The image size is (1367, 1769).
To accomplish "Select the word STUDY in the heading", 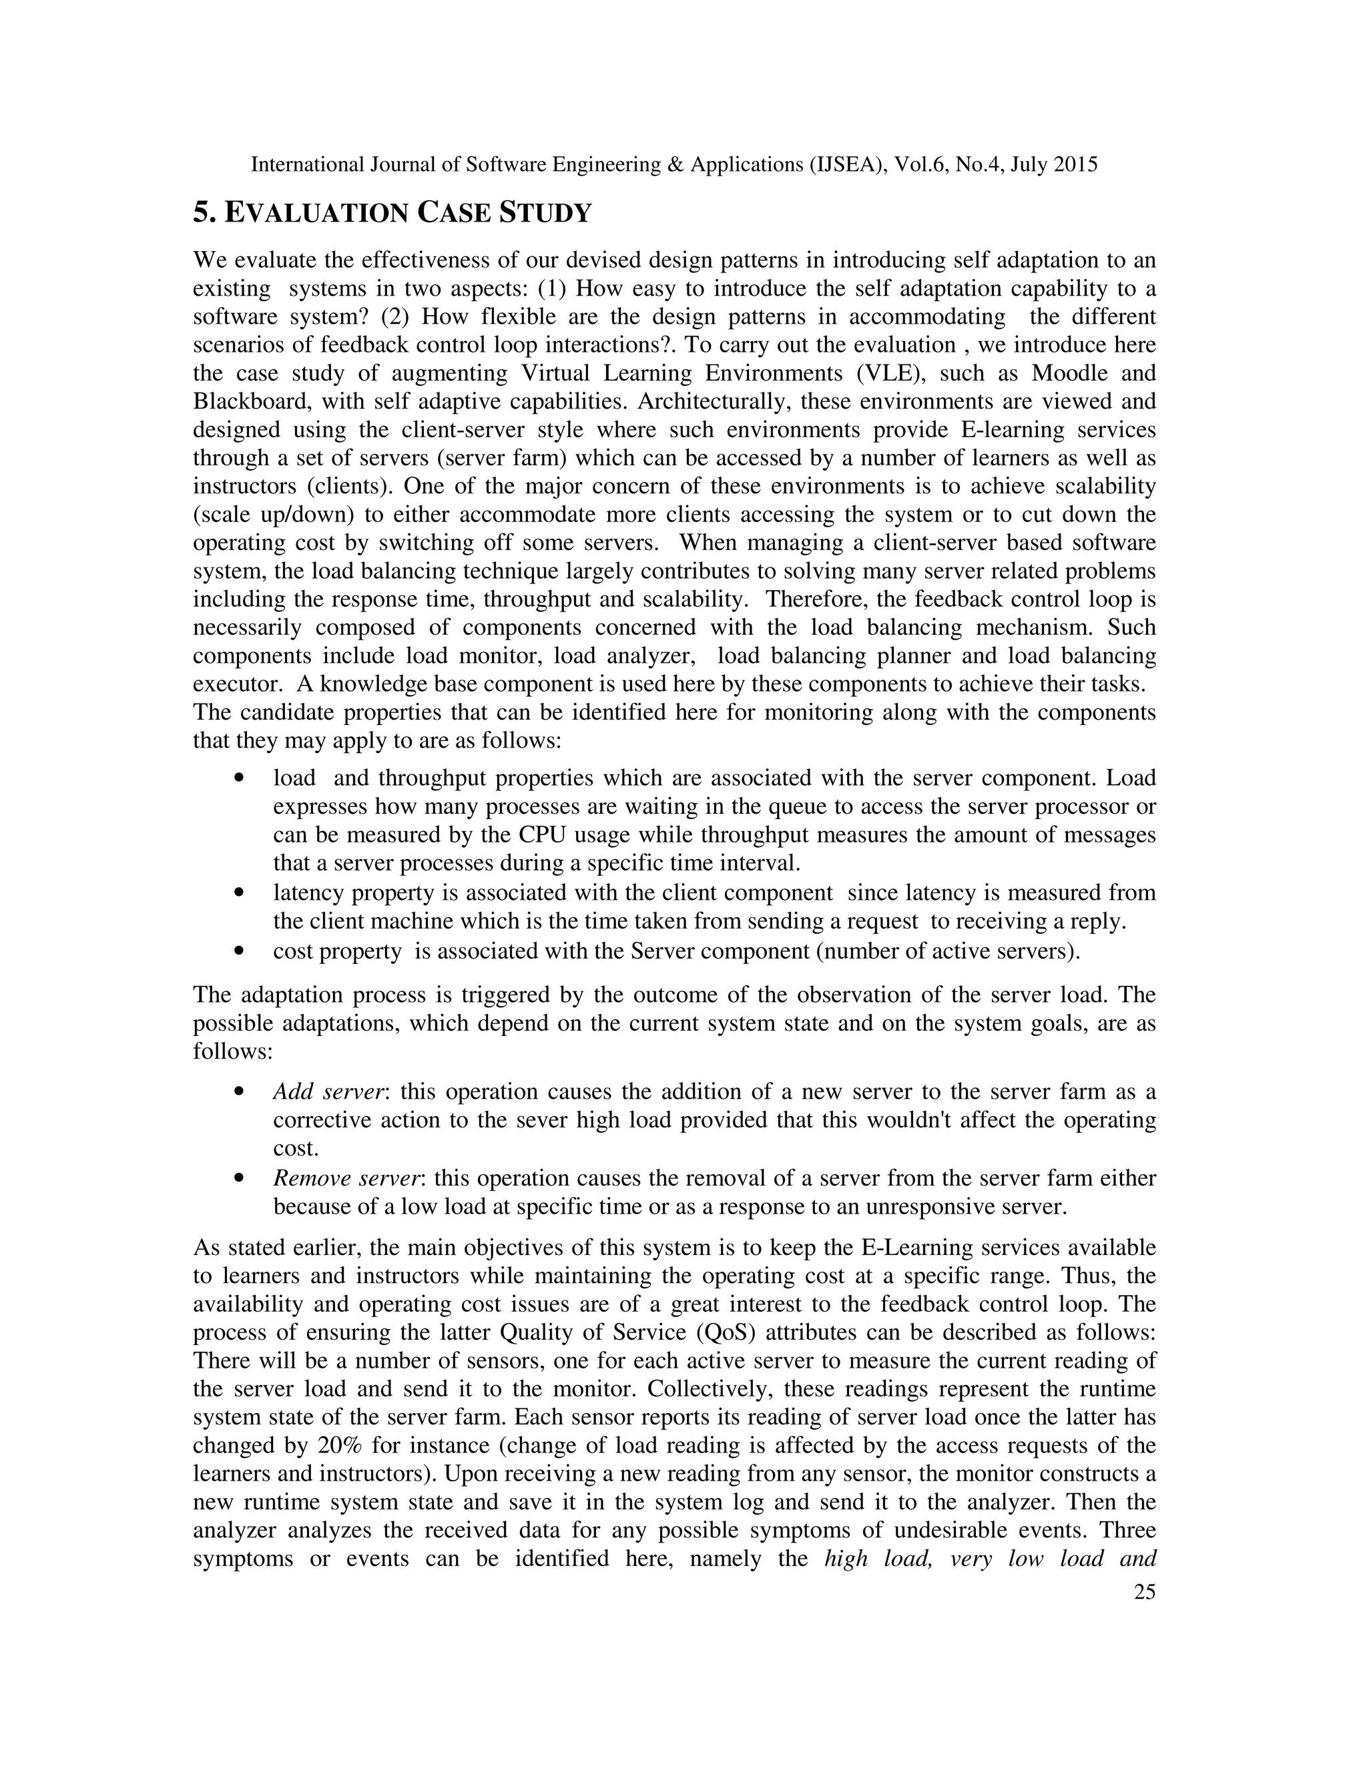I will [x=545, y=213].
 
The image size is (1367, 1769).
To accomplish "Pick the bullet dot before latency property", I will [x=238, y=893].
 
